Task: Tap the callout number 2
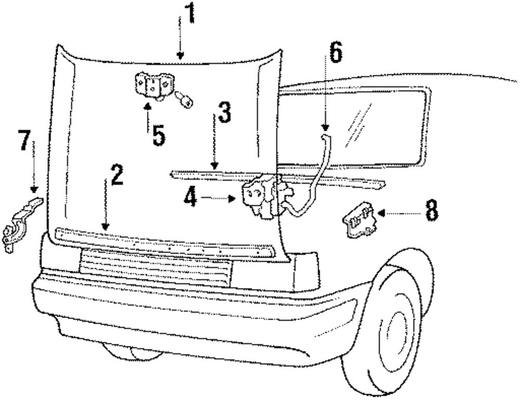(116, 177)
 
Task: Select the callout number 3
(224, 113)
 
